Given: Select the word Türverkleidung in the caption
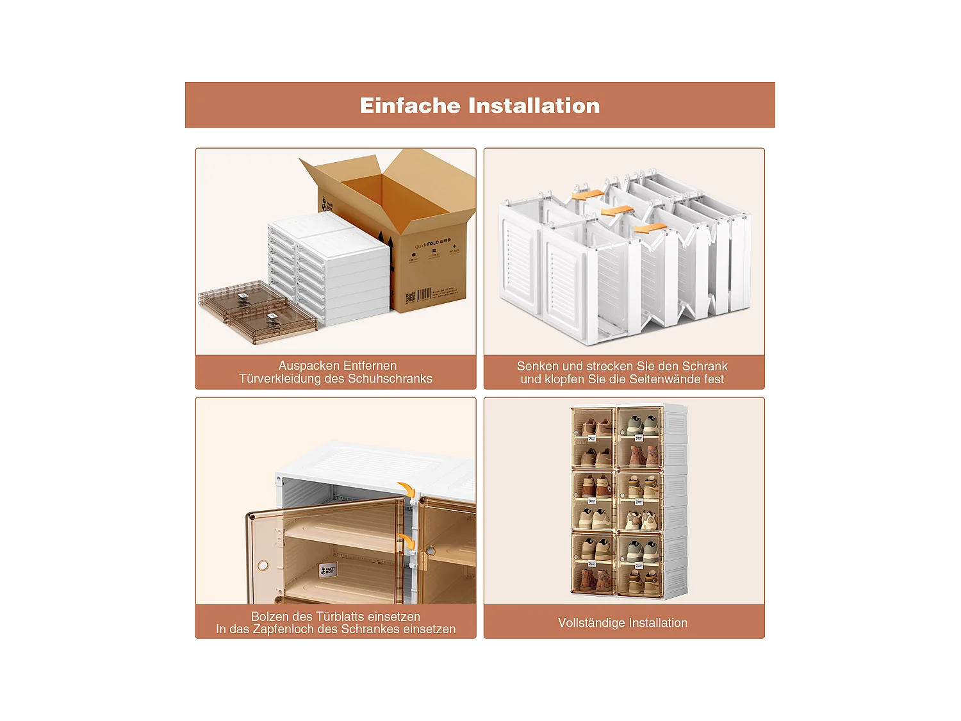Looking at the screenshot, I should (280, 379).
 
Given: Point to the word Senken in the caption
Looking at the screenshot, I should (538, 367).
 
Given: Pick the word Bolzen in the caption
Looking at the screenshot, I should (270, 617).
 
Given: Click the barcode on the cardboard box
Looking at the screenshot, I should (424, 295).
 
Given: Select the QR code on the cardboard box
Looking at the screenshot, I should (411, 297).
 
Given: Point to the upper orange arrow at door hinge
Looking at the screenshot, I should (406, 489).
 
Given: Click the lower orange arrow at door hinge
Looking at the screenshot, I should (406, 542).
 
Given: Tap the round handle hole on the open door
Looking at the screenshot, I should (263, 565).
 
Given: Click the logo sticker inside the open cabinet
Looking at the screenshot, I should (327, 570).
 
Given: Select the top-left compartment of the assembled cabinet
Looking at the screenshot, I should (593, 437).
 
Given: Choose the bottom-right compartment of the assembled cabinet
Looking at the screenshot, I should (640, 564).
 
